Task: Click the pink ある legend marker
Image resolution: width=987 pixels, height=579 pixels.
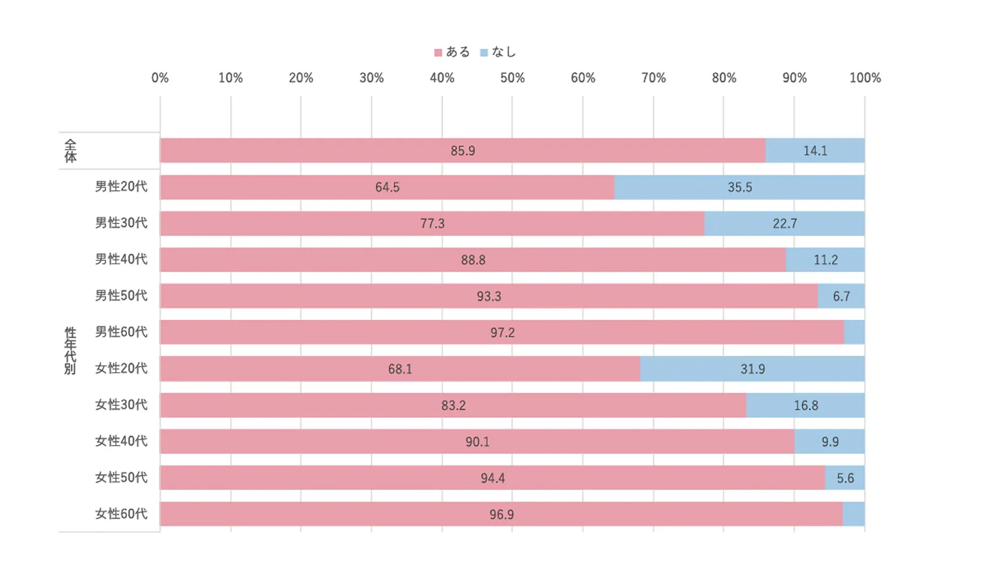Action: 438,53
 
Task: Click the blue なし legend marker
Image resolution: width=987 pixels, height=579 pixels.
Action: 484,53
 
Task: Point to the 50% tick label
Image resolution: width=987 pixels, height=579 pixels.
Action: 512,78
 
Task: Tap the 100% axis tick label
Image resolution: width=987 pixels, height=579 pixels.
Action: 865,78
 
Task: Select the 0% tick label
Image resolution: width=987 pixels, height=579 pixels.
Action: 160,78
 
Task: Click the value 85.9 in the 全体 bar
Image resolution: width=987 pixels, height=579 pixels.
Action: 463,151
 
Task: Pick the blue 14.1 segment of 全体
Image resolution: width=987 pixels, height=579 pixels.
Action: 815,151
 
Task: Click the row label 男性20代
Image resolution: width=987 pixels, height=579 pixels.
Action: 121,186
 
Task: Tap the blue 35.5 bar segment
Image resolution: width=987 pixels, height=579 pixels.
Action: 739,187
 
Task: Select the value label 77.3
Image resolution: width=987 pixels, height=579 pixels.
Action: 432,223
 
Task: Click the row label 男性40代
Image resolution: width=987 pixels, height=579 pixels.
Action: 121,259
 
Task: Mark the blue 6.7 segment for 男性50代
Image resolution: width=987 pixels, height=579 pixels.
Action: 841,296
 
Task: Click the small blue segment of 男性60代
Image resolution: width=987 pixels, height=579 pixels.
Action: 854,332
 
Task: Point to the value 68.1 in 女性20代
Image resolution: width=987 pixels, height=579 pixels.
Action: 400,369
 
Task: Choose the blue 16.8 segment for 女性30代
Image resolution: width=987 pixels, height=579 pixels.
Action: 806,406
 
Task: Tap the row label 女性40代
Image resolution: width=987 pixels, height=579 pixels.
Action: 121,441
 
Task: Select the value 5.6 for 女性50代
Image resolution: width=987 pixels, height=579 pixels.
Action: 845,478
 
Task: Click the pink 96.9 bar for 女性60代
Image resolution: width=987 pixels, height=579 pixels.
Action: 501,514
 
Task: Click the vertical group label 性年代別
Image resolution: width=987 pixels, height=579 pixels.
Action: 70,351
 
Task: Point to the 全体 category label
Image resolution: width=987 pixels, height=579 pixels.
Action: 70,151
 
